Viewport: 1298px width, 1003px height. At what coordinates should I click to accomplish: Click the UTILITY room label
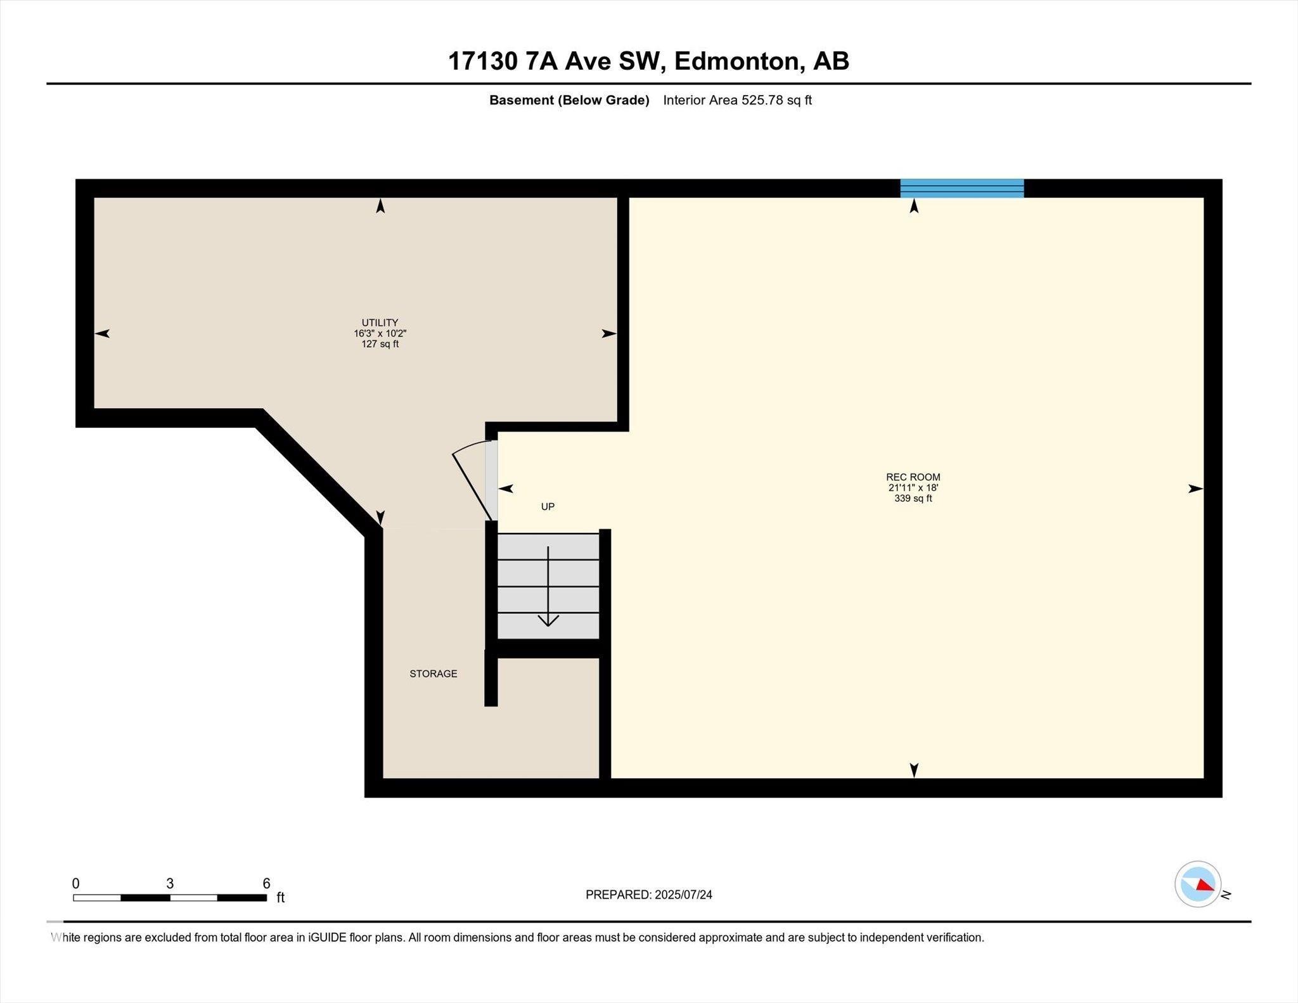[x=380, y=322]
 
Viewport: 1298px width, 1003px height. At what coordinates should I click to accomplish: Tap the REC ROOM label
[x=913, y=477]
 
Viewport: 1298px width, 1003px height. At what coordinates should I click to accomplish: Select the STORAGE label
[x=433, y=674]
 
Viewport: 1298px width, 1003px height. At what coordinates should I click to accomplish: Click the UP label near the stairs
[x=548, y=506]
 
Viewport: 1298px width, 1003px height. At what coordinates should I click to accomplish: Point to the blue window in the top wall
[x=961, y=188]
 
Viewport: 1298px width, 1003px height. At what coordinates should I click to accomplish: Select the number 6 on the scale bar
[x=266, y=883]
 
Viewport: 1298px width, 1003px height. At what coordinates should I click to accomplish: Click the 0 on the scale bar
[x=76, y=883]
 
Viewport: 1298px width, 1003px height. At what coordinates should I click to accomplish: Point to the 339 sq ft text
[x=913, y=499]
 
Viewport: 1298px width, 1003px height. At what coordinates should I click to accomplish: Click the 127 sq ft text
[x=380, y=344]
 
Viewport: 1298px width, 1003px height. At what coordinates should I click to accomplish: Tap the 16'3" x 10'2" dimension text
[x=380, y=333]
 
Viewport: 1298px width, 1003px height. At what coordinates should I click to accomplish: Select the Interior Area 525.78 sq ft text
[x=737, y=100]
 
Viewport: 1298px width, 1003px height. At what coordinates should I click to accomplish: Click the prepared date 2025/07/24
[x=683, y=895]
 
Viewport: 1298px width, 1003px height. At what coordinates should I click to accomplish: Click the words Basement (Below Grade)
[x=569, y=100]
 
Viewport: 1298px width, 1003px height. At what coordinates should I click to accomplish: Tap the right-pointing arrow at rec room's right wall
[x=1195, y=489]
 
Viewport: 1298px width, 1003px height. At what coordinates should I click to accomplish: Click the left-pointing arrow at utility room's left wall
[x=103, y=333]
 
